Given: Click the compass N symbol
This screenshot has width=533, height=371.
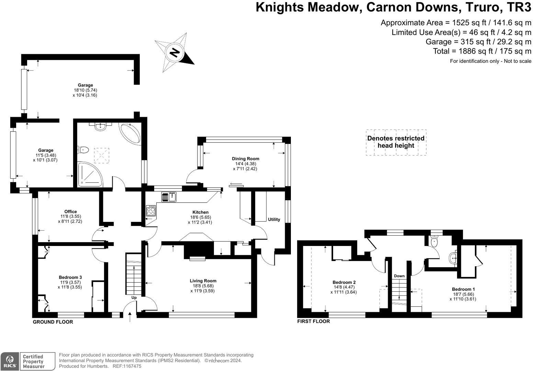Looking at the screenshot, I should [175, 53].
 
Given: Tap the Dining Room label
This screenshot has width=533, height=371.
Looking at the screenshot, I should [245, 159].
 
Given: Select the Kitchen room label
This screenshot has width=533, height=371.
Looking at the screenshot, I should [200, 212].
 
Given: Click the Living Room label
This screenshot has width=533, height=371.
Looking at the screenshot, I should [203, 281].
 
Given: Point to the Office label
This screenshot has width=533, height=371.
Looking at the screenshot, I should [70, 212].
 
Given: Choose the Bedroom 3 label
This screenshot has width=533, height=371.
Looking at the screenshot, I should [70, 277].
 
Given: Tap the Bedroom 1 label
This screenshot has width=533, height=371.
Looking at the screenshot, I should [463, 289].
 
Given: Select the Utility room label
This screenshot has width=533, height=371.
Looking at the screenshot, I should [274, 220].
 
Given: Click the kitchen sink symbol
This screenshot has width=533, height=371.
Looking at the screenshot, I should [169, 197].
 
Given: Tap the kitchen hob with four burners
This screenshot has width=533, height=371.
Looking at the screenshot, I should [151, 211].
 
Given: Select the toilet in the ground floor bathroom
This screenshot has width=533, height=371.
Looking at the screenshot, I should [84, 150].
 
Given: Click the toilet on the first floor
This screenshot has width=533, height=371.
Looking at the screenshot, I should [435, 241].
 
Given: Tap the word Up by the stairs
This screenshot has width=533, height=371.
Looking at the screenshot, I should [134, 297].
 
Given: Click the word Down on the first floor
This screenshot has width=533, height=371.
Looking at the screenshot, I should [399, 276].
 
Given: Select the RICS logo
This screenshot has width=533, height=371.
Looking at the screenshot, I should [10, 361].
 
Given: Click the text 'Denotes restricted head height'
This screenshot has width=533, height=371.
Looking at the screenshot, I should [396, 142].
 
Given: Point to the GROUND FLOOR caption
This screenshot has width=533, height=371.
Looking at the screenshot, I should [53, 322].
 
